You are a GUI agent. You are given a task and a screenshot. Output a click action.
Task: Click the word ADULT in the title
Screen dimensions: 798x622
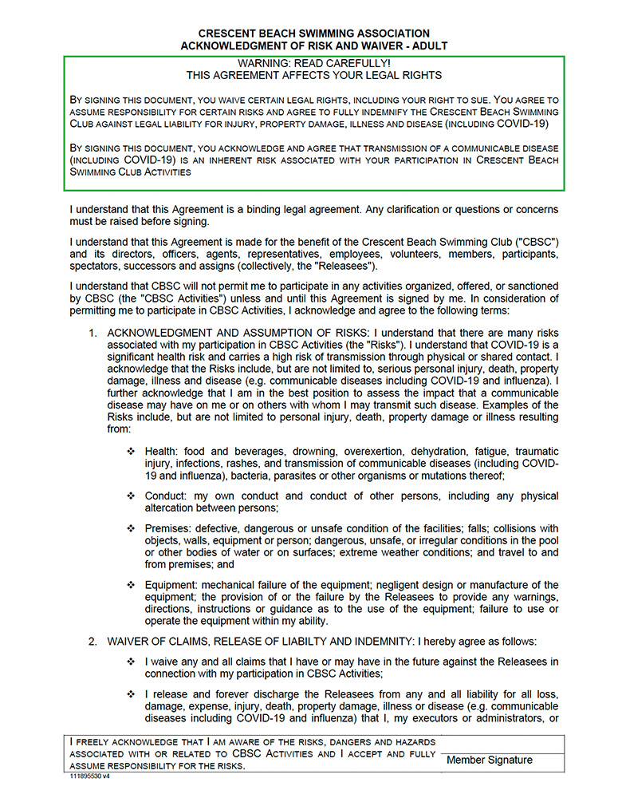(x=429, y=46)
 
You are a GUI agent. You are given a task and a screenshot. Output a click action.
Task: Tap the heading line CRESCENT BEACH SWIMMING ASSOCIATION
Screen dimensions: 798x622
(x=313, y=34)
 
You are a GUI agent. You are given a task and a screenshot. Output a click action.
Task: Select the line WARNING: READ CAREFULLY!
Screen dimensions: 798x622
(x=314, y=63)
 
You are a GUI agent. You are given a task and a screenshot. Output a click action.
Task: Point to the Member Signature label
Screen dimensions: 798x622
(x=489, y=760)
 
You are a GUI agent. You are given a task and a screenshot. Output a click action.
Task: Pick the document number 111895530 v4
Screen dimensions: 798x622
(x=89, y=776)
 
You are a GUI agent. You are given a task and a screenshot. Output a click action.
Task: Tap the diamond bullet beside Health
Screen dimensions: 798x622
(x=131, y=452)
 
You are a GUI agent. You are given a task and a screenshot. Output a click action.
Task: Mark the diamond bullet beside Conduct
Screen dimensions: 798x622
(x=131, y=496)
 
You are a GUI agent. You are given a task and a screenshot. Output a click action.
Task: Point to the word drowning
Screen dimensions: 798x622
(x=297, y=452)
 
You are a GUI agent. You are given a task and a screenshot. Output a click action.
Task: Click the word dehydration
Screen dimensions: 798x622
(x=427, y=452)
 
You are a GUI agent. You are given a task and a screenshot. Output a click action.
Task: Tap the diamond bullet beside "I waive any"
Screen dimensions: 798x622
(x=131, y=662)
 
